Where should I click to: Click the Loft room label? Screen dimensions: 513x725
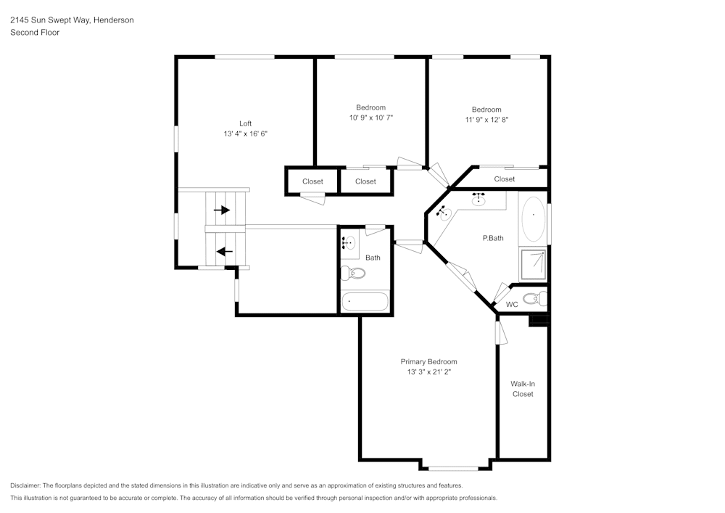[246, 123]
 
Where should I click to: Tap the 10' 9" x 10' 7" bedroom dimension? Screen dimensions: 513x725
[370, 117]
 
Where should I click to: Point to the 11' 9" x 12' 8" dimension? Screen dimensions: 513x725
[486, 120]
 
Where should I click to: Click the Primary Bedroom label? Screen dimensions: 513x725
[428, 361]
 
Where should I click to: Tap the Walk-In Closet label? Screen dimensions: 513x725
[522, 389]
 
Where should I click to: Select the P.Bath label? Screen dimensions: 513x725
[493, 238]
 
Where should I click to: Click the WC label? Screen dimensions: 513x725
[512, 304]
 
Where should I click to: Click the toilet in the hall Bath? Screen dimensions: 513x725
[353, 274]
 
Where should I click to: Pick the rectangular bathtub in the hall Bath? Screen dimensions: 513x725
[365, 300]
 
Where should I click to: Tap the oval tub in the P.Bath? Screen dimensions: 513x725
[534, 218]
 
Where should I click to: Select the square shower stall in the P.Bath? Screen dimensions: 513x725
[533, 265]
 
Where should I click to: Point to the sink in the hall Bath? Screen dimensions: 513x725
[349, 243]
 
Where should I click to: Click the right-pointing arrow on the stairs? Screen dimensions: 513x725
[222, 210]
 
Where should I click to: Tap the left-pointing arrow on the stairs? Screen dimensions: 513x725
[224, 252]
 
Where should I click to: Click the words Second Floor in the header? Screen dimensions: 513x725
[34, 32]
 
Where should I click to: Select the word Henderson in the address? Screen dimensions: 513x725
[113, 20]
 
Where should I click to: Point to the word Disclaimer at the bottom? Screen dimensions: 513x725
[25, 485]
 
